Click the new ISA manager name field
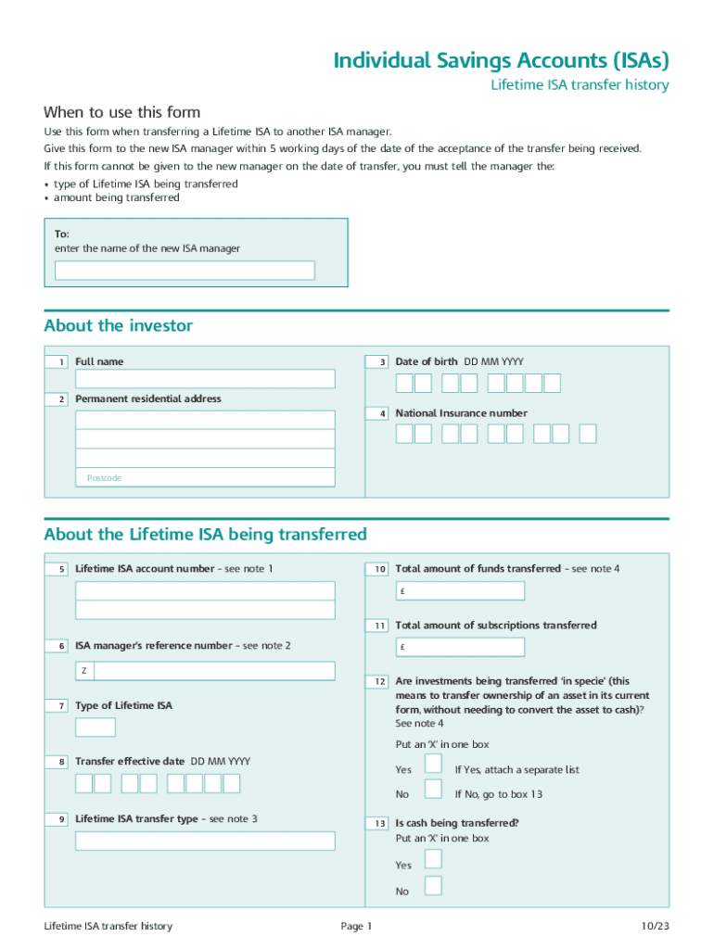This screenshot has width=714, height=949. click(185, 270)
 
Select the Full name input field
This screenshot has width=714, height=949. click(205, 379)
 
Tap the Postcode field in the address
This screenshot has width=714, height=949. click(205, 477)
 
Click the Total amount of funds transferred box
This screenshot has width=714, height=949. click(460, 591)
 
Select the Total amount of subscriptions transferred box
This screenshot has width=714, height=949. click(460, 647)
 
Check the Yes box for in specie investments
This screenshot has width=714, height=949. click(433, 764)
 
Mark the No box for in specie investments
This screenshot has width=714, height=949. click(433, 789)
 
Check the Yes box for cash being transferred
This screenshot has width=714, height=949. click(433, 858)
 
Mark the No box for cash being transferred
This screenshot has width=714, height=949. click(433, 885)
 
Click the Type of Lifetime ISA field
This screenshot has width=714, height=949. click(96, 728)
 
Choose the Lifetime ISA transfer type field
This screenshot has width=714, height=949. click(205, 841)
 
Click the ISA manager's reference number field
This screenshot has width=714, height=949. click(213, 671)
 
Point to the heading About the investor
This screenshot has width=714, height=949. click(119, 325)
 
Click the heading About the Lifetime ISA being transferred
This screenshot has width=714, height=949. click(205, 535)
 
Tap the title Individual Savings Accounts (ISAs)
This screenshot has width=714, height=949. click(501, 60)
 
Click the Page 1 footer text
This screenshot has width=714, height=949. click(356, 926)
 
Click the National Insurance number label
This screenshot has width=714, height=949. click(461, 413)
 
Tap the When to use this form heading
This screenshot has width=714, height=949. click(121, 112)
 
